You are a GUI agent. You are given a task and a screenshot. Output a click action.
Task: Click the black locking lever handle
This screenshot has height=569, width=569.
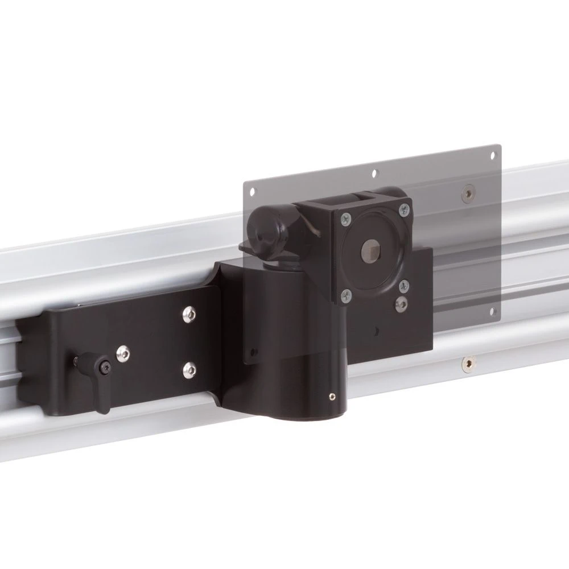point(99,395)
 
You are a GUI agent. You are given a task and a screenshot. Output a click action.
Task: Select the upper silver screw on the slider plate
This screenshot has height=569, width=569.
point(188,314)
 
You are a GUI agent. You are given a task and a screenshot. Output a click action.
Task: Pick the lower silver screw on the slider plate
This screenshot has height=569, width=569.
point(188,370)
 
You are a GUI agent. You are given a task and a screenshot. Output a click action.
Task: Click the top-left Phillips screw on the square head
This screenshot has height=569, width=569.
point(345,217)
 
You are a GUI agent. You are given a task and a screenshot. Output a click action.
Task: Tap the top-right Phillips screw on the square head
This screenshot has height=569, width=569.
point(404,210)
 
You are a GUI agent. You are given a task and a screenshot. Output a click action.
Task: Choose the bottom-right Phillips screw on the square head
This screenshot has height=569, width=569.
point(403,285)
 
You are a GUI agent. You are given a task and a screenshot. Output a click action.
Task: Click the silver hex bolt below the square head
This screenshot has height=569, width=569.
point(402,304)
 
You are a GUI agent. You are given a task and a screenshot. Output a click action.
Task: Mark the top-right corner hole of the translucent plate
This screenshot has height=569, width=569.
point(491,155)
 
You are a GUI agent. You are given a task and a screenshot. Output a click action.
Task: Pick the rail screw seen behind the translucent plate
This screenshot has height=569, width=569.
point(468,194)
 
